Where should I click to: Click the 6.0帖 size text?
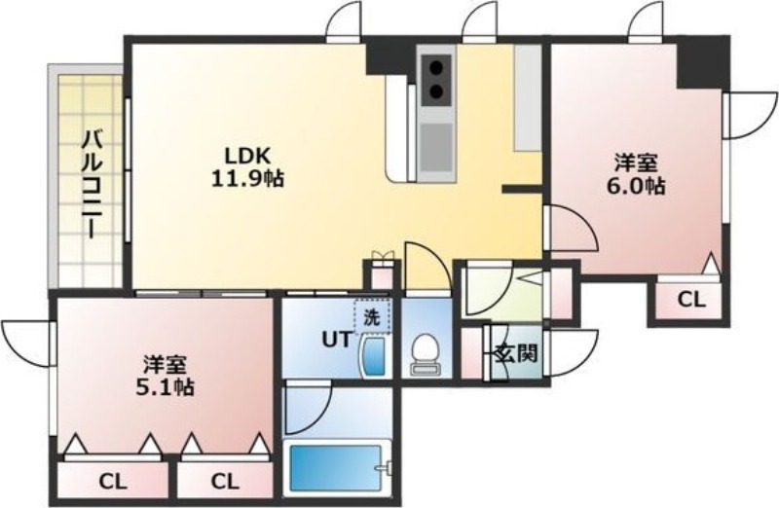click(x=639, y=185)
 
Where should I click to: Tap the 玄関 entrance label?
click(x=516, y=353)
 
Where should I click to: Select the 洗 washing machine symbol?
click(x=371, y=315)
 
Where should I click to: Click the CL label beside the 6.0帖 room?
click(x=690, y=300)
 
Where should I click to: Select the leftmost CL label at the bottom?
click(x=114, y=480)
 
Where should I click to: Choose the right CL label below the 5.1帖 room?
click(x=225, y=480)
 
